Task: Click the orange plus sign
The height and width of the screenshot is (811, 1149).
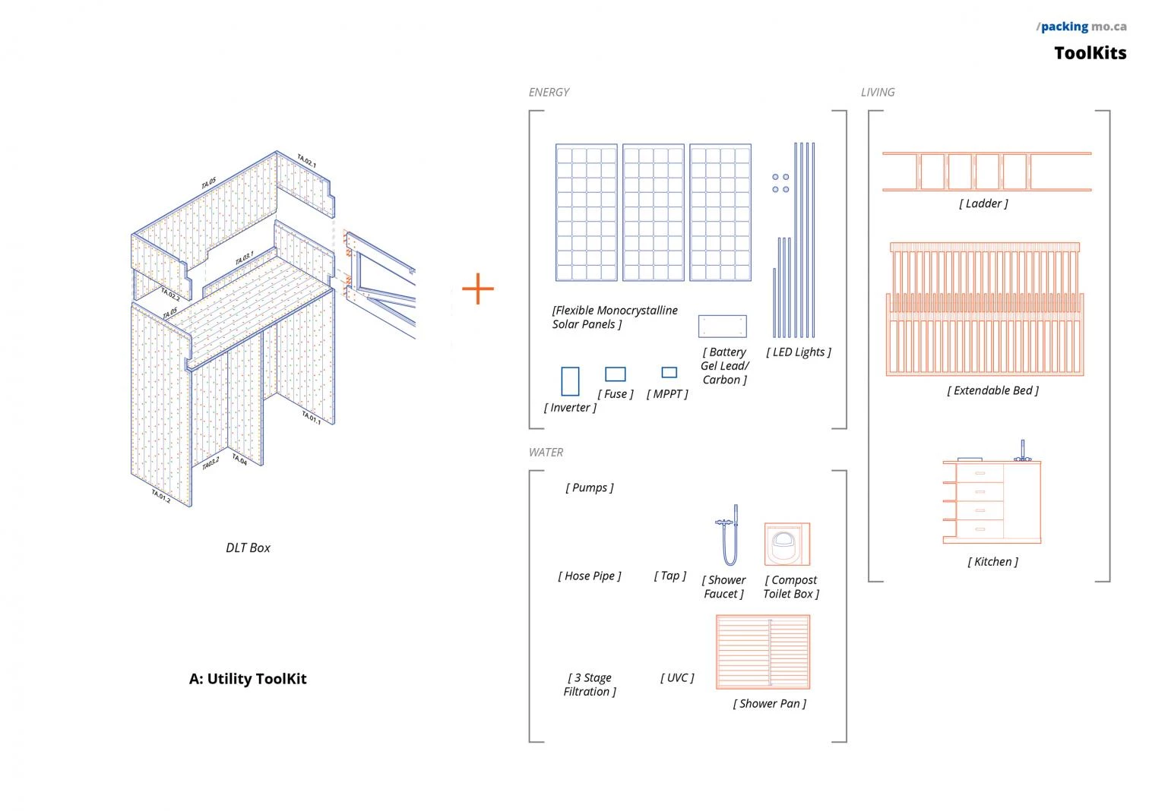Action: point(478,289)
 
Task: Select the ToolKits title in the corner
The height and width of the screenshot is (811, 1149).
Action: point(1090,53)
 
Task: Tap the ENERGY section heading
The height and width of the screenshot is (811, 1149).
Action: point(549,92)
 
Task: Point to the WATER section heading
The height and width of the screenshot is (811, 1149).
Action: point(546,453)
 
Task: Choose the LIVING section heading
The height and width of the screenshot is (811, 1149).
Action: point(878,92)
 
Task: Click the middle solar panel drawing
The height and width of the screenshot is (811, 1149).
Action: point(654,213)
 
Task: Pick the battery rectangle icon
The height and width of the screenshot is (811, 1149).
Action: point(722,327)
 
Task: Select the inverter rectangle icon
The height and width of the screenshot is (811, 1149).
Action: point(570,381)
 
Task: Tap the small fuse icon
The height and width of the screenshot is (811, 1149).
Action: point(616,374)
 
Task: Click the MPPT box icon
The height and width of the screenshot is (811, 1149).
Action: point(669,372)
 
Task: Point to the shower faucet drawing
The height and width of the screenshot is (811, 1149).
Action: point(729,535)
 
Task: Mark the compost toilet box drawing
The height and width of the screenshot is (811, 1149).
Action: point(787,544)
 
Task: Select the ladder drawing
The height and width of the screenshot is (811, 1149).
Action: point(986,172)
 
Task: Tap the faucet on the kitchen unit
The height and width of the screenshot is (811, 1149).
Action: point(1023,450)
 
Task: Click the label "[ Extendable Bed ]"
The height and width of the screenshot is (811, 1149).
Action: point(992,390)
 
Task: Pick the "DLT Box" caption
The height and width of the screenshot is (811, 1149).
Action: point(248,548)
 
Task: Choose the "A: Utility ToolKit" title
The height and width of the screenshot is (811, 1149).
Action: point(248,679)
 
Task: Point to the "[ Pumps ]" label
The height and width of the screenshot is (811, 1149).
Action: point(590,488)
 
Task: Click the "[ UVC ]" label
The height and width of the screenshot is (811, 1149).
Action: point(677,677)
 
